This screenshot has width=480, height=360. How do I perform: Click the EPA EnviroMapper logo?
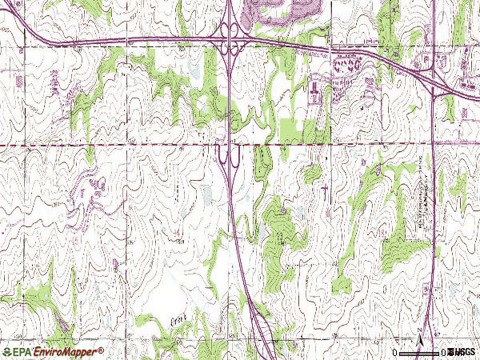coord(54,351)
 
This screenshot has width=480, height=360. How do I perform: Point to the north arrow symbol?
coord(419,335)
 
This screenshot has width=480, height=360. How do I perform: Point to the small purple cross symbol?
coord(326,190)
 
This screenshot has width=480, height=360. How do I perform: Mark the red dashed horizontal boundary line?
coord(120,145)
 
